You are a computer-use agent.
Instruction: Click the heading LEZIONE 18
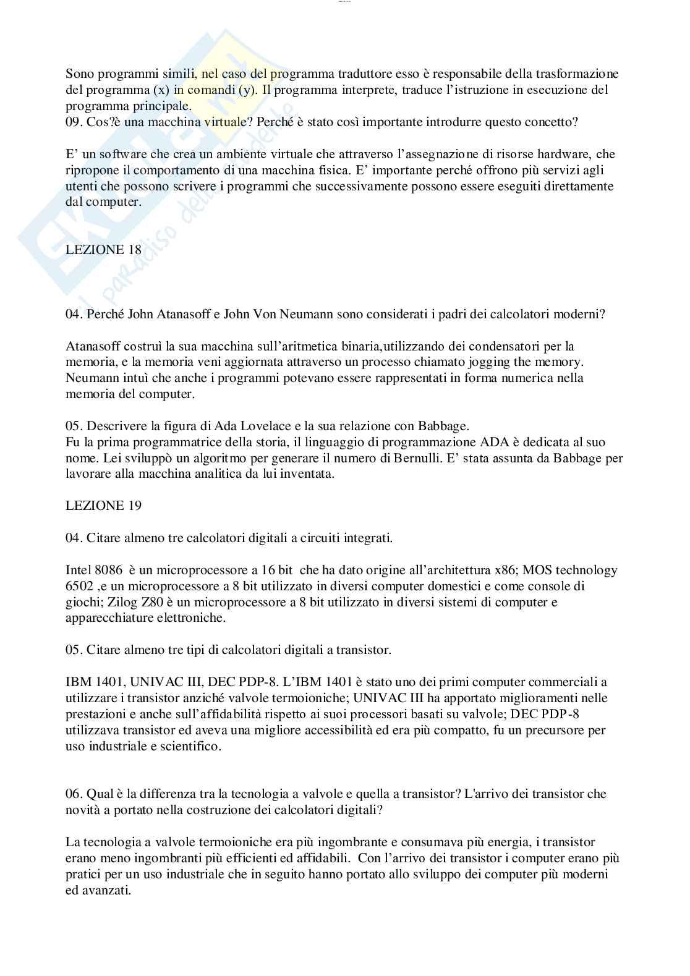pyautogui.click(x=103, y=250)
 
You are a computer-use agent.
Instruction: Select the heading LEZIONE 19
pyautogui.click(x=103, y=506)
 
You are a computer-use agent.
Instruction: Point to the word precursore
pyautogui.click(x=555, y=730)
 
